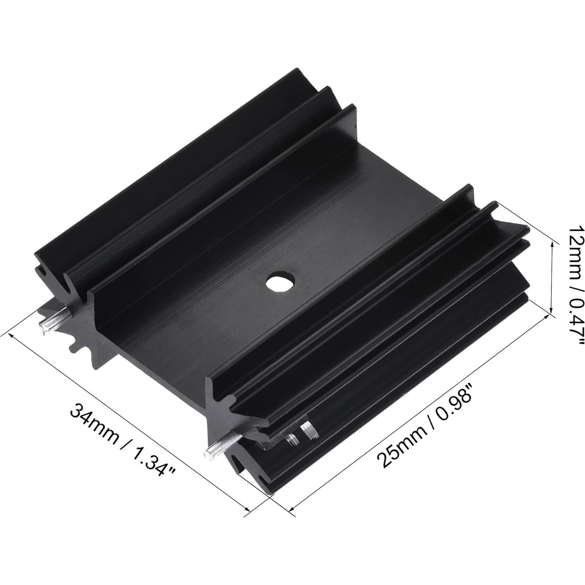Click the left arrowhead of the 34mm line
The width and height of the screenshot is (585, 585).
12,336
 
